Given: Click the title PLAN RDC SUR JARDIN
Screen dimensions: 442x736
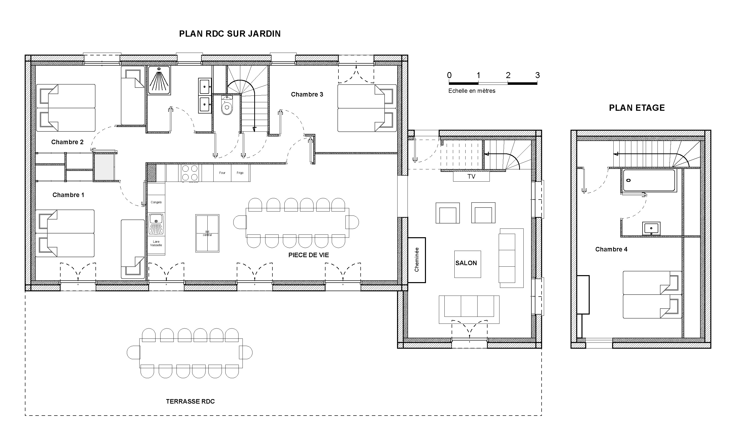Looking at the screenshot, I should click(x=230, y=34).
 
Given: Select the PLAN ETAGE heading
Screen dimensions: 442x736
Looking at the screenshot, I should click(x=637, y=108).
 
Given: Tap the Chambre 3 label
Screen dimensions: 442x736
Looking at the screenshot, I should click(x=307, y=95).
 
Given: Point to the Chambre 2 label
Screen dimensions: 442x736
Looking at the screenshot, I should click(x=67, y=142).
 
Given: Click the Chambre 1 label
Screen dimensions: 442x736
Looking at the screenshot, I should click(x=68, y=195).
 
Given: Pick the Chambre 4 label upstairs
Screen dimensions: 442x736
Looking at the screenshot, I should click(x=611, y=249).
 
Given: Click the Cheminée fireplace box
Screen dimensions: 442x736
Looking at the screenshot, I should click(x=416, y=260).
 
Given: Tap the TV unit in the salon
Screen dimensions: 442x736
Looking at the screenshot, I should click(x=471, y=177).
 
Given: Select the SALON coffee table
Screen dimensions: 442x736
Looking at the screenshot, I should click(x=467, y=264).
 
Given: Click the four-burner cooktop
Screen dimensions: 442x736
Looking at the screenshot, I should click(x=190, y=173).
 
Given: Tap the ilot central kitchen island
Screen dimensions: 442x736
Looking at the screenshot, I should click(x=207, y=233).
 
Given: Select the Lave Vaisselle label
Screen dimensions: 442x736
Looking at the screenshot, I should click(x=156, y=243).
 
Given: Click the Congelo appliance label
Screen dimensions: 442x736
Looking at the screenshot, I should click(x=156, y=202).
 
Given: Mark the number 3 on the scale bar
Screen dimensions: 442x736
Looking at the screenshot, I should click(x=537, y=75).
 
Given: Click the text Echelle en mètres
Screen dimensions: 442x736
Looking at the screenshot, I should click(x=472, y=91).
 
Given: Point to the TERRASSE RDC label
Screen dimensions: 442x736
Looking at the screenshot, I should click(x=190, y=402).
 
